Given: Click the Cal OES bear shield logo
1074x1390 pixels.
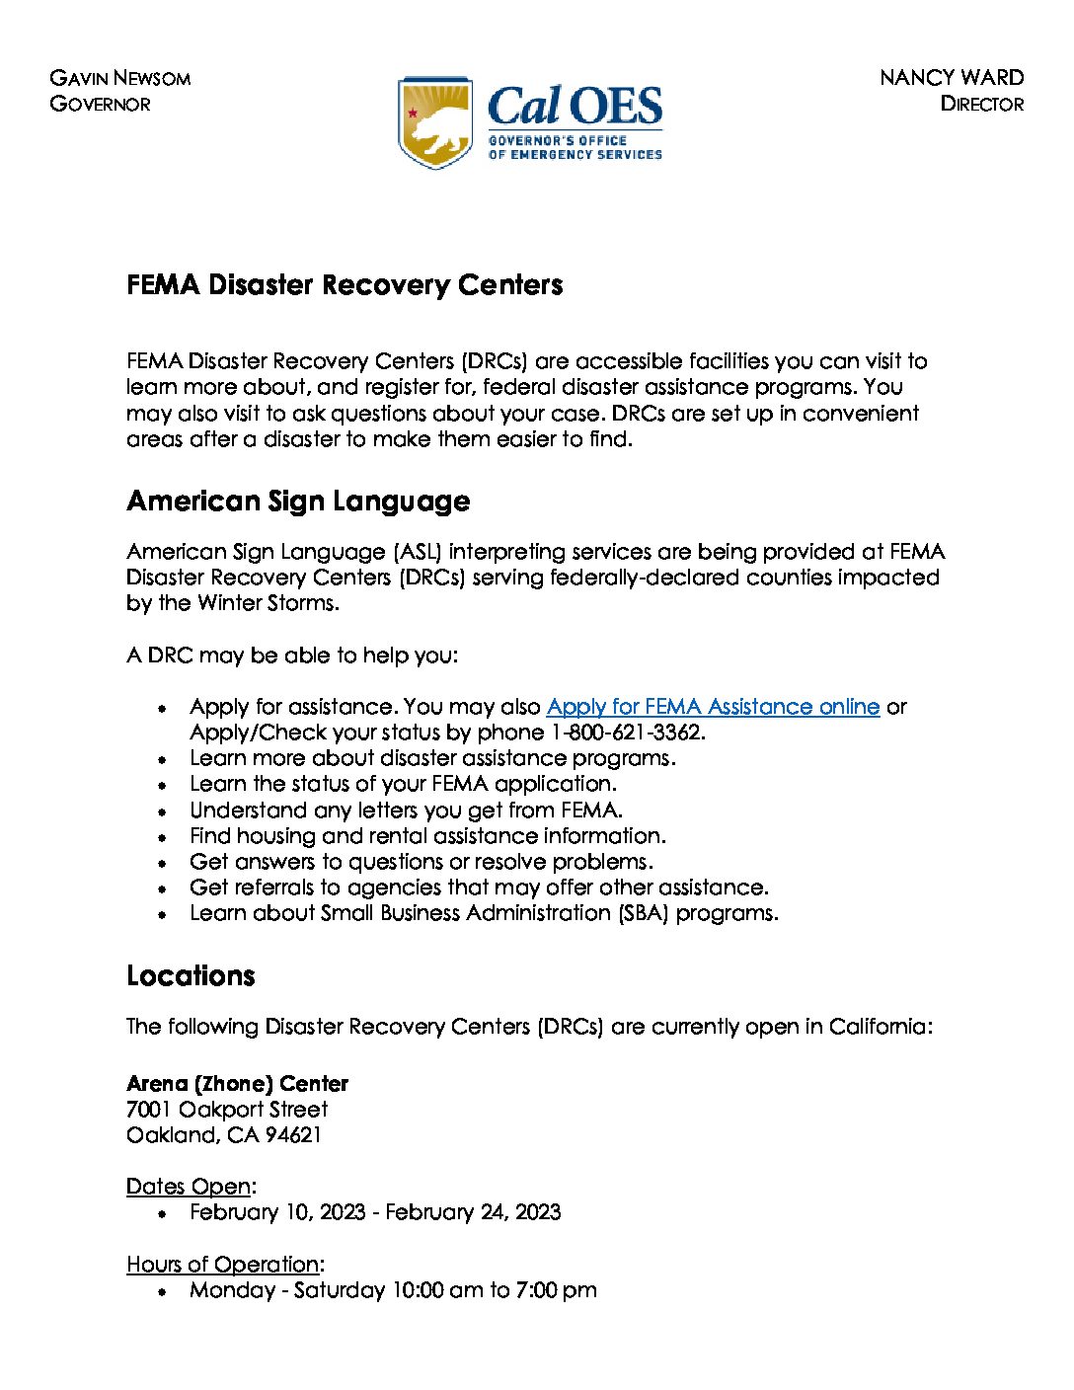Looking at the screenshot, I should (435, 122).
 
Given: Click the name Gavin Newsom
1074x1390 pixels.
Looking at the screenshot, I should (119, 78).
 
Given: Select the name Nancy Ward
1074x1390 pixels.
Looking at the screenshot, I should (951, 78).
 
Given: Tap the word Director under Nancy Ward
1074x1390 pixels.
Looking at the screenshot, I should (981, 104).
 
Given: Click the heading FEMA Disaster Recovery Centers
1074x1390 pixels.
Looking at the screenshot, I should (345, 285).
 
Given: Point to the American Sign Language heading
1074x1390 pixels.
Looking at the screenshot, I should (298, 502).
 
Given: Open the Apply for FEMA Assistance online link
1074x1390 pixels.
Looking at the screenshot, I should (712, 707).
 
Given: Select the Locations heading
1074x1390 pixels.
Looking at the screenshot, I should (191, 976).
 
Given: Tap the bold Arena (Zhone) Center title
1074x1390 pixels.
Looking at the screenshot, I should (237, 1083).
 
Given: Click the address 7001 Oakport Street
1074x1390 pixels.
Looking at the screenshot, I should (227, 1110).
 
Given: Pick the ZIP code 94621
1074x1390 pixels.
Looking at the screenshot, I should (293, 1135).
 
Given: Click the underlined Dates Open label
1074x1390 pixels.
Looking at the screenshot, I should (189, 1187).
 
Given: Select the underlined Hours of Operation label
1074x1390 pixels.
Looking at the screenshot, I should (223, 1265).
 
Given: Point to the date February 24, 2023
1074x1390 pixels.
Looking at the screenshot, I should (473, 1212).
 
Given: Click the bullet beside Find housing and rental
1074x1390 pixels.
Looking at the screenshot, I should (163, 837).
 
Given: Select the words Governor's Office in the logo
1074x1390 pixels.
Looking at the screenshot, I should (557, 141).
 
